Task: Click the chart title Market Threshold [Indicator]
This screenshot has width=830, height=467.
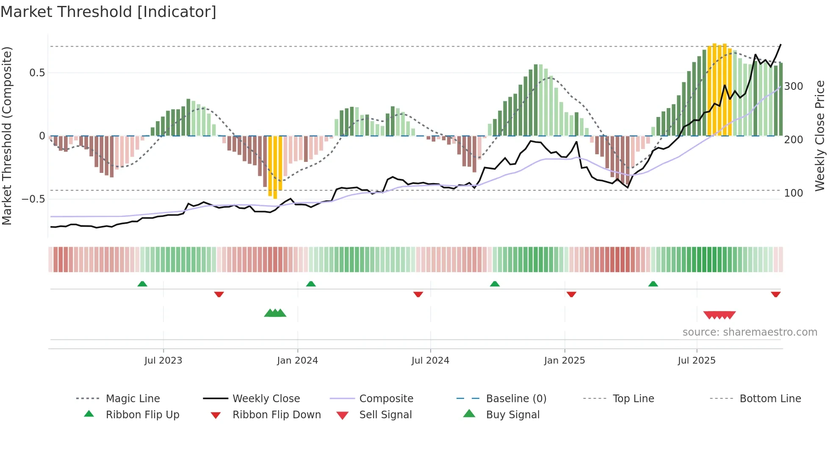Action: (x=108, y=12)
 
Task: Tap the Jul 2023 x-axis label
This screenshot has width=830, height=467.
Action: (x=163, y=361)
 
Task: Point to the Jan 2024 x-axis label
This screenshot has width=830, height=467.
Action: (x=297, y=361)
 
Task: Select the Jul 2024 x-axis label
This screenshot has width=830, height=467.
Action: (x=430, y=361)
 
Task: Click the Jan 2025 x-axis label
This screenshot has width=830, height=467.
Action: (x=564, y=361)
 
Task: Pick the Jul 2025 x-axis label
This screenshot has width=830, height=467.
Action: (x=697, y=361)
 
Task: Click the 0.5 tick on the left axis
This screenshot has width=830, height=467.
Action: (x=37, y=73)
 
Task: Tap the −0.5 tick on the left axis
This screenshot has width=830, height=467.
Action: (x=33, y=199)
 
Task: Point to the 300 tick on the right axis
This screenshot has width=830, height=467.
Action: (x=794, y=86)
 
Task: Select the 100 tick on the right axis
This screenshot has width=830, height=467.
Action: (x=794, y=193)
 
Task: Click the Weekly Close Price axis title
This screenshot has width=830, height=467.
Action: (x=820, y=136)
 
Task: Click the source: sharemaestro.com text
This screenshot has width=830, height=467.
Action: (x=750, y=332)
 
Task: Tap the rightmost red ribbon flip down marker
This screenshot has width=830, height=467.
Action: (x=775, y=294)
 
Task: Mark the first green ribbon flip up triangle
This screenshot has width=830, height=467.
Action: (x=142, y=284)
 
